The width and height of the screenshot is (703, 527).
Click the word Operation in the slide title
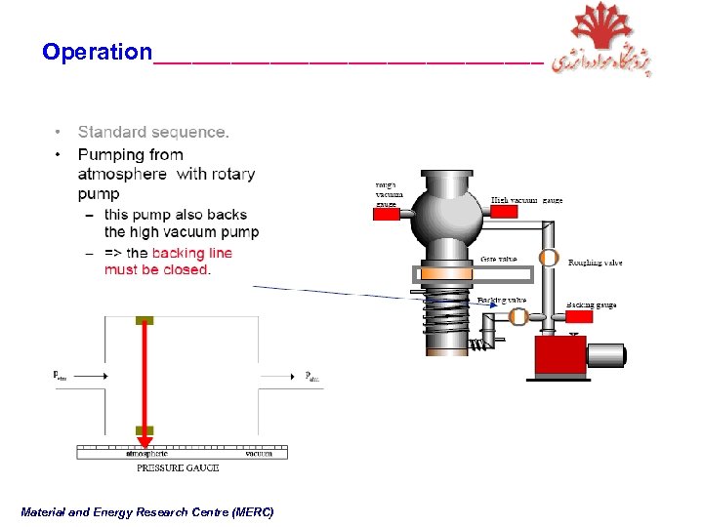[x=97, y=52]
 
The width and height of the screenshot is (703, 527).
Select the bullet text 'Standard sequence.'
[x=153, y=132]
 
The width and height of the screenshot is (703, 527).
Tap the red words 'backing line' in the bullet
[x=192, y=253]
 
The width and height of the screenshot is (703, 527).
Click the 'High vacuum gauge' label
[x=526, y=200]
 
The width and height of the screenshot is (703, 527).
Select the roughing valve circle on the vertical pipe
[x=550, y=259]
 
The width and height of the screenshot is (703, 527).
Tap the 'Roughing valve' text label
[x=595, y=263]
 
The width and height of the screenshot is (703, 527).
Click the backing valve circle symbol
[x=518, y=316]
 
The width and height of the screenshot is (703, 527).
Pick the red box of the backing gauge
[x=578, y=317]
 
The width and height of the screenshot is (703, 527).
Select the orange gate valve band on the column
[x=447, y=274]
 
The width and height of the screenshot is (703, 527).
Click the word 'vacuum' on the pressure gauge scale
[x=260, y=454]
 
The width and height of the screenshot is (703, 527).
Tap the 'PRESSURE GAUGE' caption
[x=177, y=468]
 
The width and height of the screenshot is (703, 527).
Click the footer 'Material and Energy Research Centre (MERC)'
[x=147, y=512]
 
